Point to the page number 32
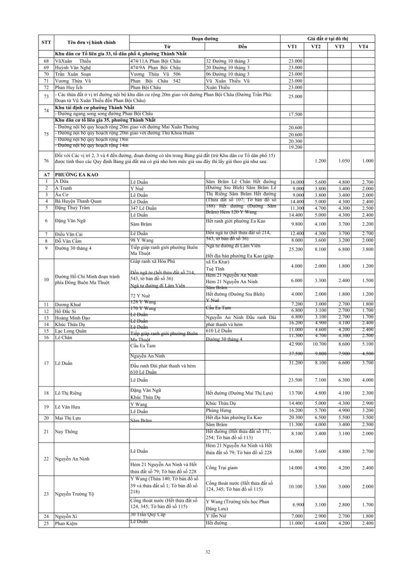[x=200, y=552]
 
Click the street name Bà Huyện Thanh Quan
[x=79, y=201]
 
